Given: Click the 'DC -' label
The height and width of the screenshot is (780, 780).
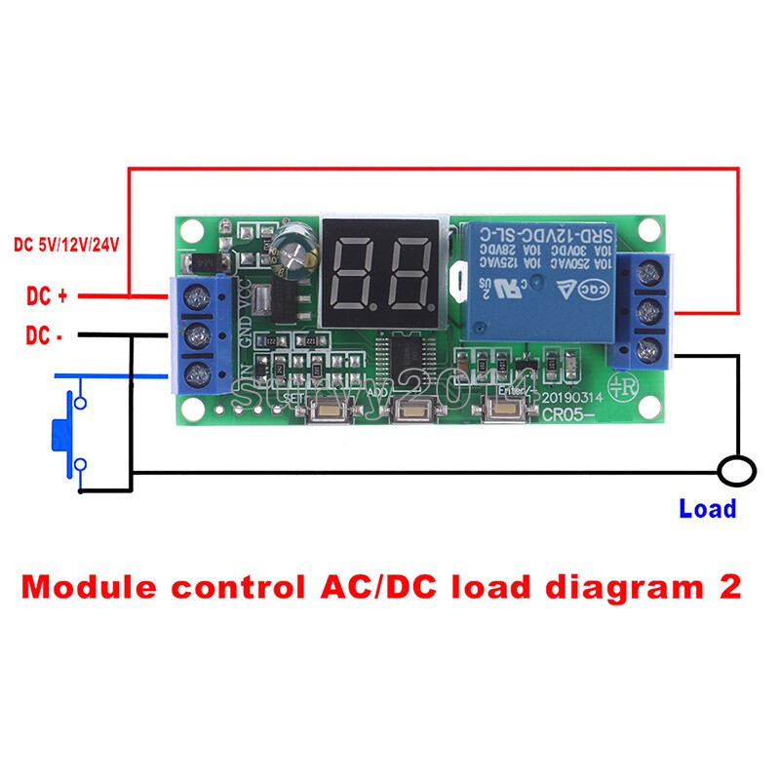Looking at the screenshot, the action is (x=44, y=335).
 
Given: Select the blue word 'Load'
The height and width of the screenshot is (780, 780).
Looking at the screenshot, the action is (x=707, y=508).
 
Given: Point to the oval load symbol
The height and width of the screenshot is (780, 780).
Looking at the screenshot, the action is (x=736, y=472).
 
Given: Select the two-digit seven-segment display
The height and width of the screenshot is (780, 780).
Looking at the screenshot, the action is (x=381, y=269).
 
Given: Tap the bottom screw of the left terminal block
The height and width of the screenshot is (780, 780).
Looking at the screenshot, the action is (x=198, y=372).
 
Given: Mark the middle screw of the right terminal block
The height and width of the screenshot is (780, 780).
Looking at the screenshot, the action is (x=644, y=312).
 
